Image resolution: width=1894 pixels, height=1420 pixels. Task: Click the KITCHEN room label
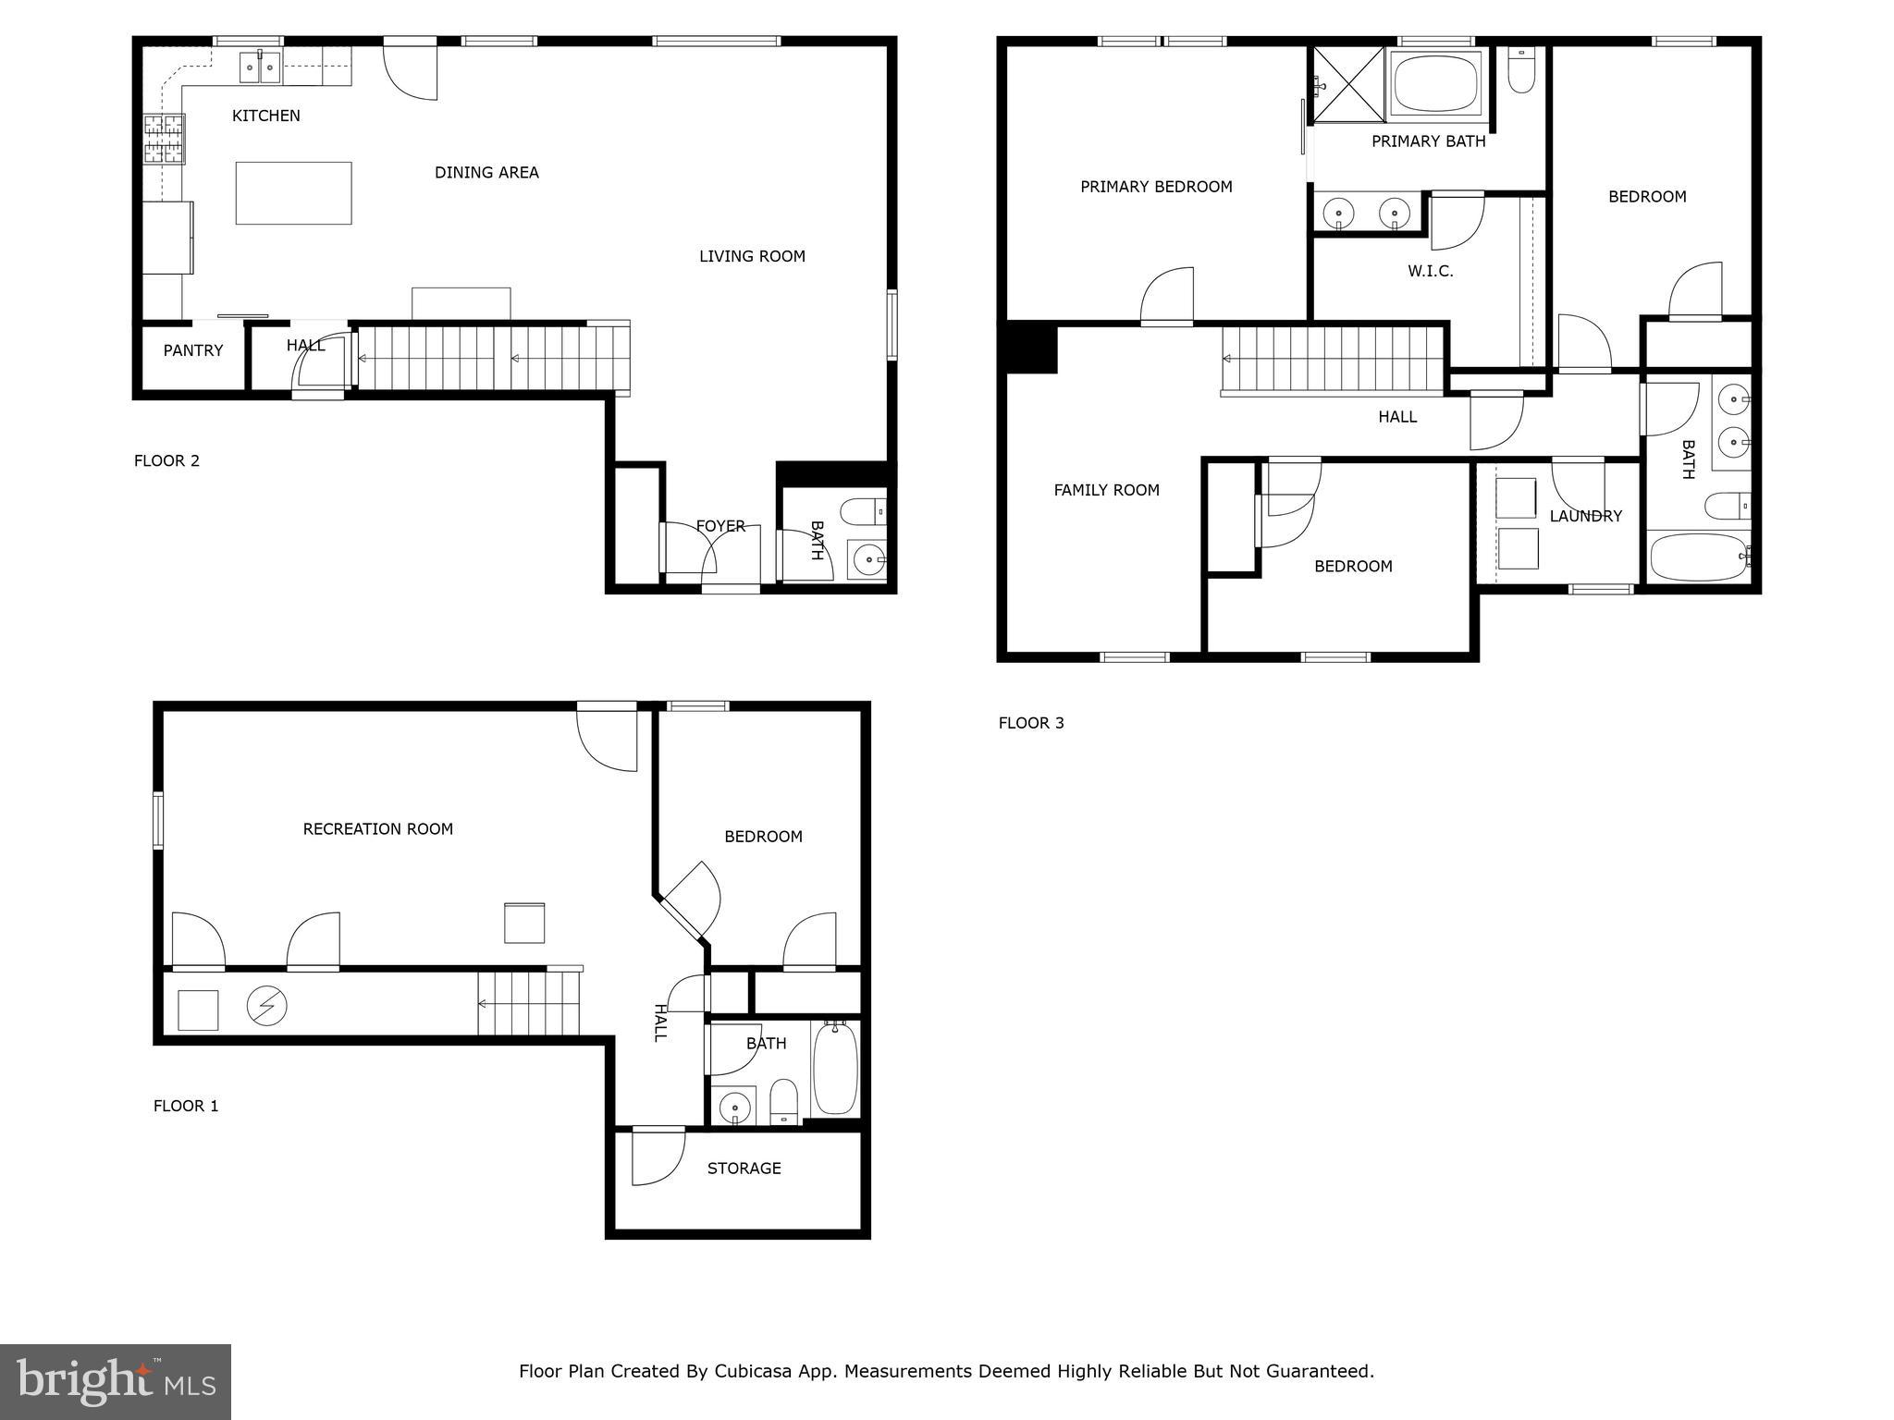265,116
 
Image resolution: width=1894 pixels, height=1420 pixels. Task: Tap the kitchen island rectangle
293,192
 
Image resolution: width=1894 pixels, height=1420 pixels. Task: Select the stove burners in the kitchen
164,139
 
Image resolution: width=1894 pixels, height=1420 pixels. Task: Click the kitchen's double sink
260,67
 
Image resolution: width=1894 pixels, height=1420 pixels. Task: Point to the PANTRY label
192,350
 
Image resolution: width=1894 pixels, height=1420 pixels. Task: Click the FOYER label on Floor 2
719,526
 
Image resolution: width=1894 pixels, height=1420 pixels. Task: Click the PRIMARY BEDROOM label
1155,187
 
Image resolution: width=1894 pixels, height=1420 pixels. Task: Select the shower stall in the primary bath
1349,85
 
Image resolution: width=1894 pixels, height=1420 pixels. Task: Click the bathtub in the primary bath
1436,86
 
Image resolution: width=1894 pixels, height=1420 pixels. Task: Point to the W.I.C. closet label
1430,271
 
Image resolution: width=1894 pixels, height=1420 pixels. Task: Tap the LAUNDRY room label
1585,516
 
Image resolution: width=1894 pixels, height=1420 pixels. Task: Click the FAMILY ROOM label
1106,490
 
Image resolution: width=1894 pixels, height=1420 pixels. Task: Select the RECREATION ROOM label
377,829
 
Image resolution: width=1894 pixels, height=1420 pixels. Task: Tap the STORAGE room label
744,1169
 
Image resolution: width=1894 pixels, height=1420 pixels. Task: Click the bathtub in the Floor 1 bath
835,1068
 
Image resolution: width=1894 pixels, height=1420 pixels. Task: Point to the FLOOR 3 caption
1030,723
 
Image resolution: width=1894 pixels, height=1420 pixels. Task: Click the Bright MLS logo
116,1381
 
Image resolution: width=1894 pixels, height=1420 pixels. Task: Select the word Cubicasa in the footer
751,1372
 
